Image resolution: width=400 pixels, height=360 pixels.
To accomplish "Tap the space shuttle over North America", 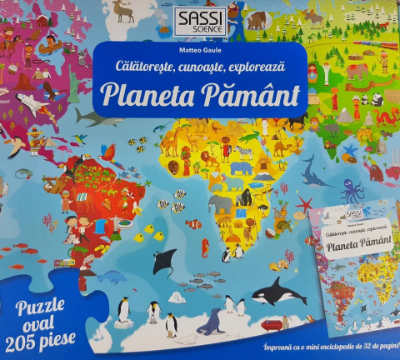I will coord(25,103).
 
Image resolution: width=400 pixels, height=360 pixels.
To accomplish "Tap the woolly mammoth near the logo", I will coord(256,19).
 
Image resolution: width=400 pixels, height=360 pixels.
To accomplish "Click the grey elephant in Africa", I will coord(219,202).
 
